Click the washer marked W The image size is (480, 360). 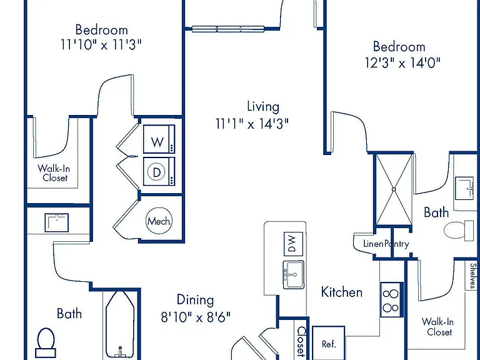click(x=159, y=139)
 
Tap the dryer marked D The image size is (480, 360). click(x=159, y=171)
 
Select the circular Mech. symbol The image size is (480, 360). click(x=159, y=221)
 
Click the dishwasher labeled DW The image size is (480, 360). click(x=293, y=244)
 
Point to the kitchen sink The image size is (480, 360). click(x=293, y=274)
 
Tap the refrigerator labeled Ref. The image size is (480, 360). click(x=329, y=344)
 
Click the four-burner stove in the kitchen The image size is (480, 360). click(x=391, y=300)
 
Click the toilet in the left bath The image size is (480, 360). click(x=46, y=343)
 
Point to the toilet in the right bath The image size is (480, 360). click(x=458, y=230)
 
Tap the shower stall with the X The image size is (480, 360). click(x=394, y=189)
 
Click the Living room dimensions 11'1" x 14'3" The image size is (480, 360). click(x=252, y=124)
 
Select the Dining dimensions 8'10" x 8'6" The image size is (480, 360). click(x=196, y=317)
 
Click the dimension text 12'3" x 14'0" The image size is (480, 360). click(x=402, y=62)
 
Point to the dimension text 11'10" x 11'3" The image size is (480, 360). click(x=101, y=45)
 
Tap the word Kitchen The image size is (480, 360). click(x=342, y=292)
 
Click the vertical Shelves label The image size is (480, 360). click(x=473, y=276)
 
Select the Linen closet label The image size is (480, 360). click(x=373, y=244)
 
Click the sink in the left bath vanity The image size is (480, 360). click(x=57, y=222)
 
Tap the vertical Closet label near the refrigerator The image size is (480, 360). click(x=301, y=342)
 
